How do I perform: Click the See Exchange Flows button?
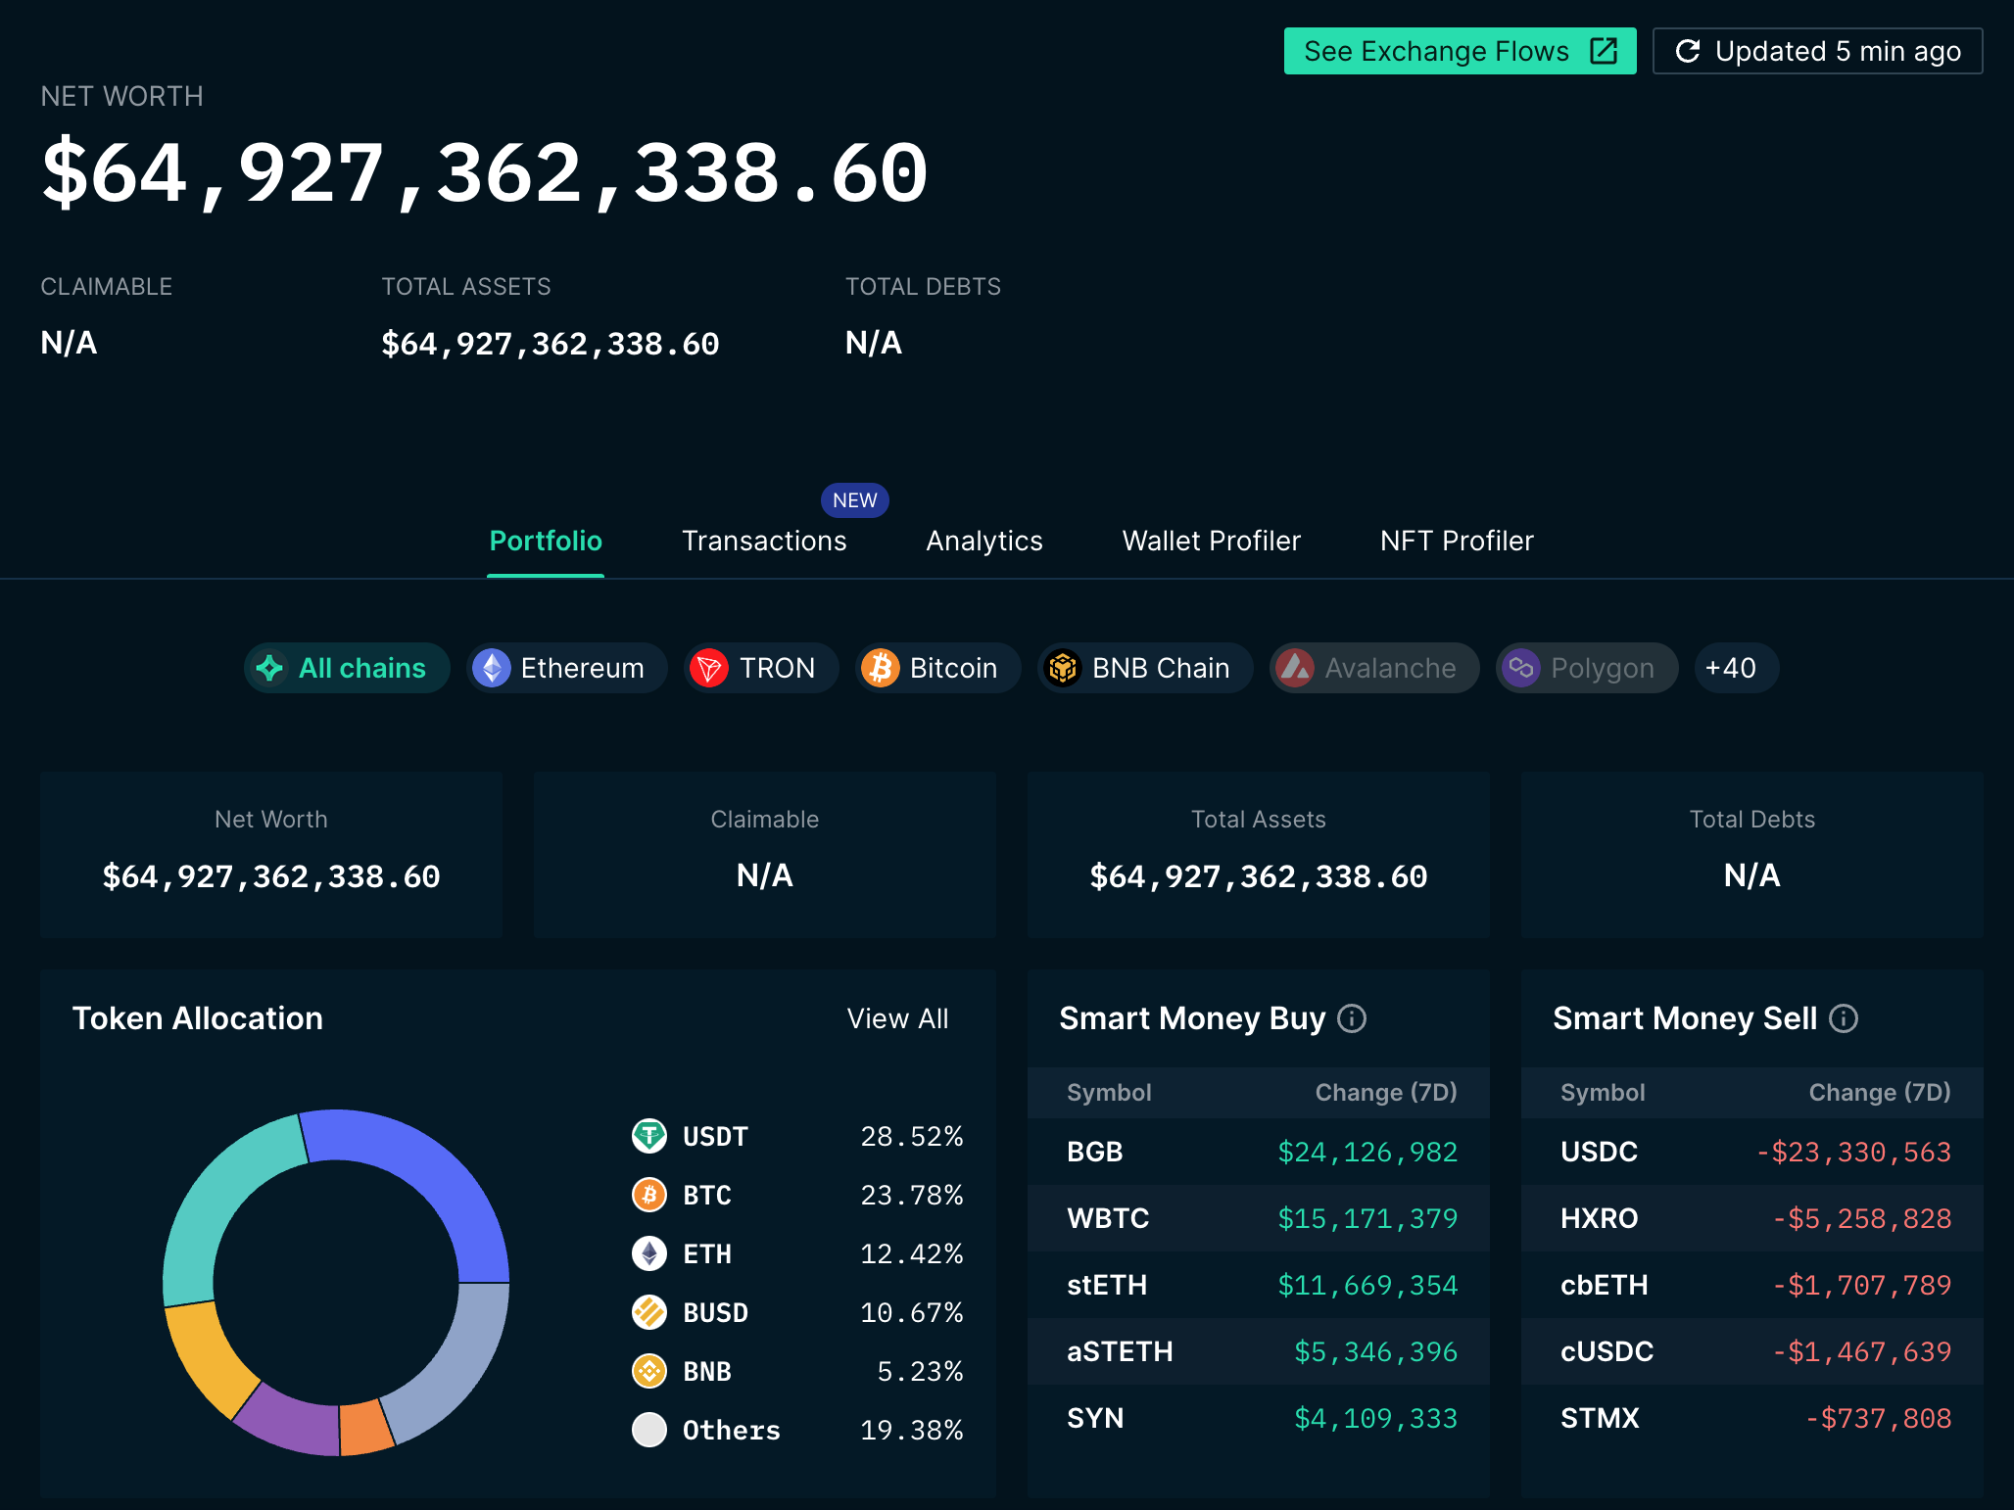click(1459, 51)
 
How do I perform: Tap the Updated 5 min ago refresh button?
click(1817, 51)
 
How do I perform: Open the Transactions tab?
click(763, 541)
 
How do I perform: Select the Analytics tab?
click(983, 541)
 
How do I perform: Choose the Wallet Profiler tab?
click(1211, 541)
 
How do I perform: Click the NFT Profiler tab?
click(1456, 541)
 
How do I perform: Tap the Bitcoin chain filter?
click(936, 668)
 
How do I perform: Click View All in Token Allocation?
click(897, 1018)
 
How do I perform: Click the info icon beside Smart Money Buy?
click(1352, 1018)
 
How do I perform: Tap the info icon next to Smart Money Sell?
click(1844, 1018)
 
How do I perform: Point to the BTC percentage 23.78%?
click(911, 1195)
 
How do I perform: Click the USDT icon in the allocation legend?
click(648, 1136)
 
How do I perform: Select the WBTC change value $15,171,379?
click(1367, 1218)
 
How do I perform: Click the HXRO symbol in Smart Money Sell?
click(1599, 1218)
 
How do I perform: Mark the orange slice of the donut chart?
click(364, 1428)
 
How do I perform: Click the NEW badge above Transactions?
click(854, 500)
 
